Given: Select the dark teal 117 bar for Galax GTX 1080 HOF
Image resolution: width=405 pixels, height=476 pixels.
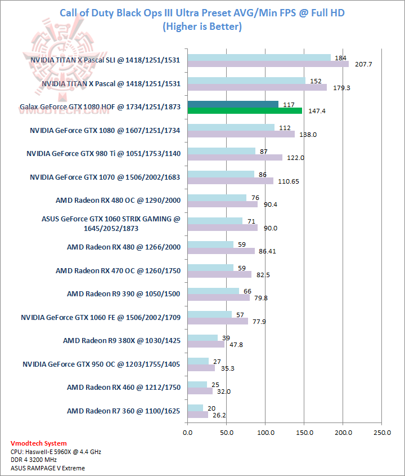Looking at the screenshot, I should [x=233, y=104].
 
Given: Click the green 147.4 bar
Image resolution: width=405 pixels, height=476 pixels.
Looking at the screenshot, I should [x=245, y=111].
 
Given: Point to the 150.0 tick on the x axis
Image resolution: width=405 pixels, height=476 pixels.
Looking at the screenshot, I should [x=304, y=433].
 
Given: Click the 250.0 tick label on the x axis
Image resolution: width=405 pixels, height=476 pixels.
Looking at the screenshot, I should [x=382, y=433].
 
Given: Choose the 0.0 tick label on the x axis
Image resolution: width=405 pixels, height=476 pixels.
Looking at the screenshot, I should [x=188, y=433].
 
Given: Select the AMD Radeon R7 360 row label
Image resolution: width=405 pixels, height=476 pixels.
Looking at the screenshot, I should [x=123, y=411].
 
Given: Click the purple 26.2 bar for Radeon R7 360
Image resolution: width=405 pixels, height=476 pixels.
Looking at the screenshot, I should [x=197, y=415].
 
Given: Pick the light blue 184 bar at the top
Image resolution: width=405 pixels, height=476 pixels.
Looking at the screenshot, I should [x=259, y=57].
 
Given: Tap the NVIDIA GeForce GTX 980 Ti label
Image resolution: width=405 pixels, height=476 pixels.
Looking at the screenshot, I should [x=103, y=153].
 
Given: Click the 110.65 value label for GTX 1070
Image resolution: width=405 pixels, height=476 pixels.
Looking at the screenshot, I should [x=287, y=181].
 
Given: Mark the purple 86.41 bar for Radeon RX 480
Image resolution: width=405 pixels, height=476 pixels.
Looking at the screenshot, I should [x=221, y=251].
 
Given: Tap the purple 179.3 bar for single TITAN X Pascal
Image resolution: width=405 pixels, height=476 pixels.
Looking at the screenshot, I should [x=257, y=87].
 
